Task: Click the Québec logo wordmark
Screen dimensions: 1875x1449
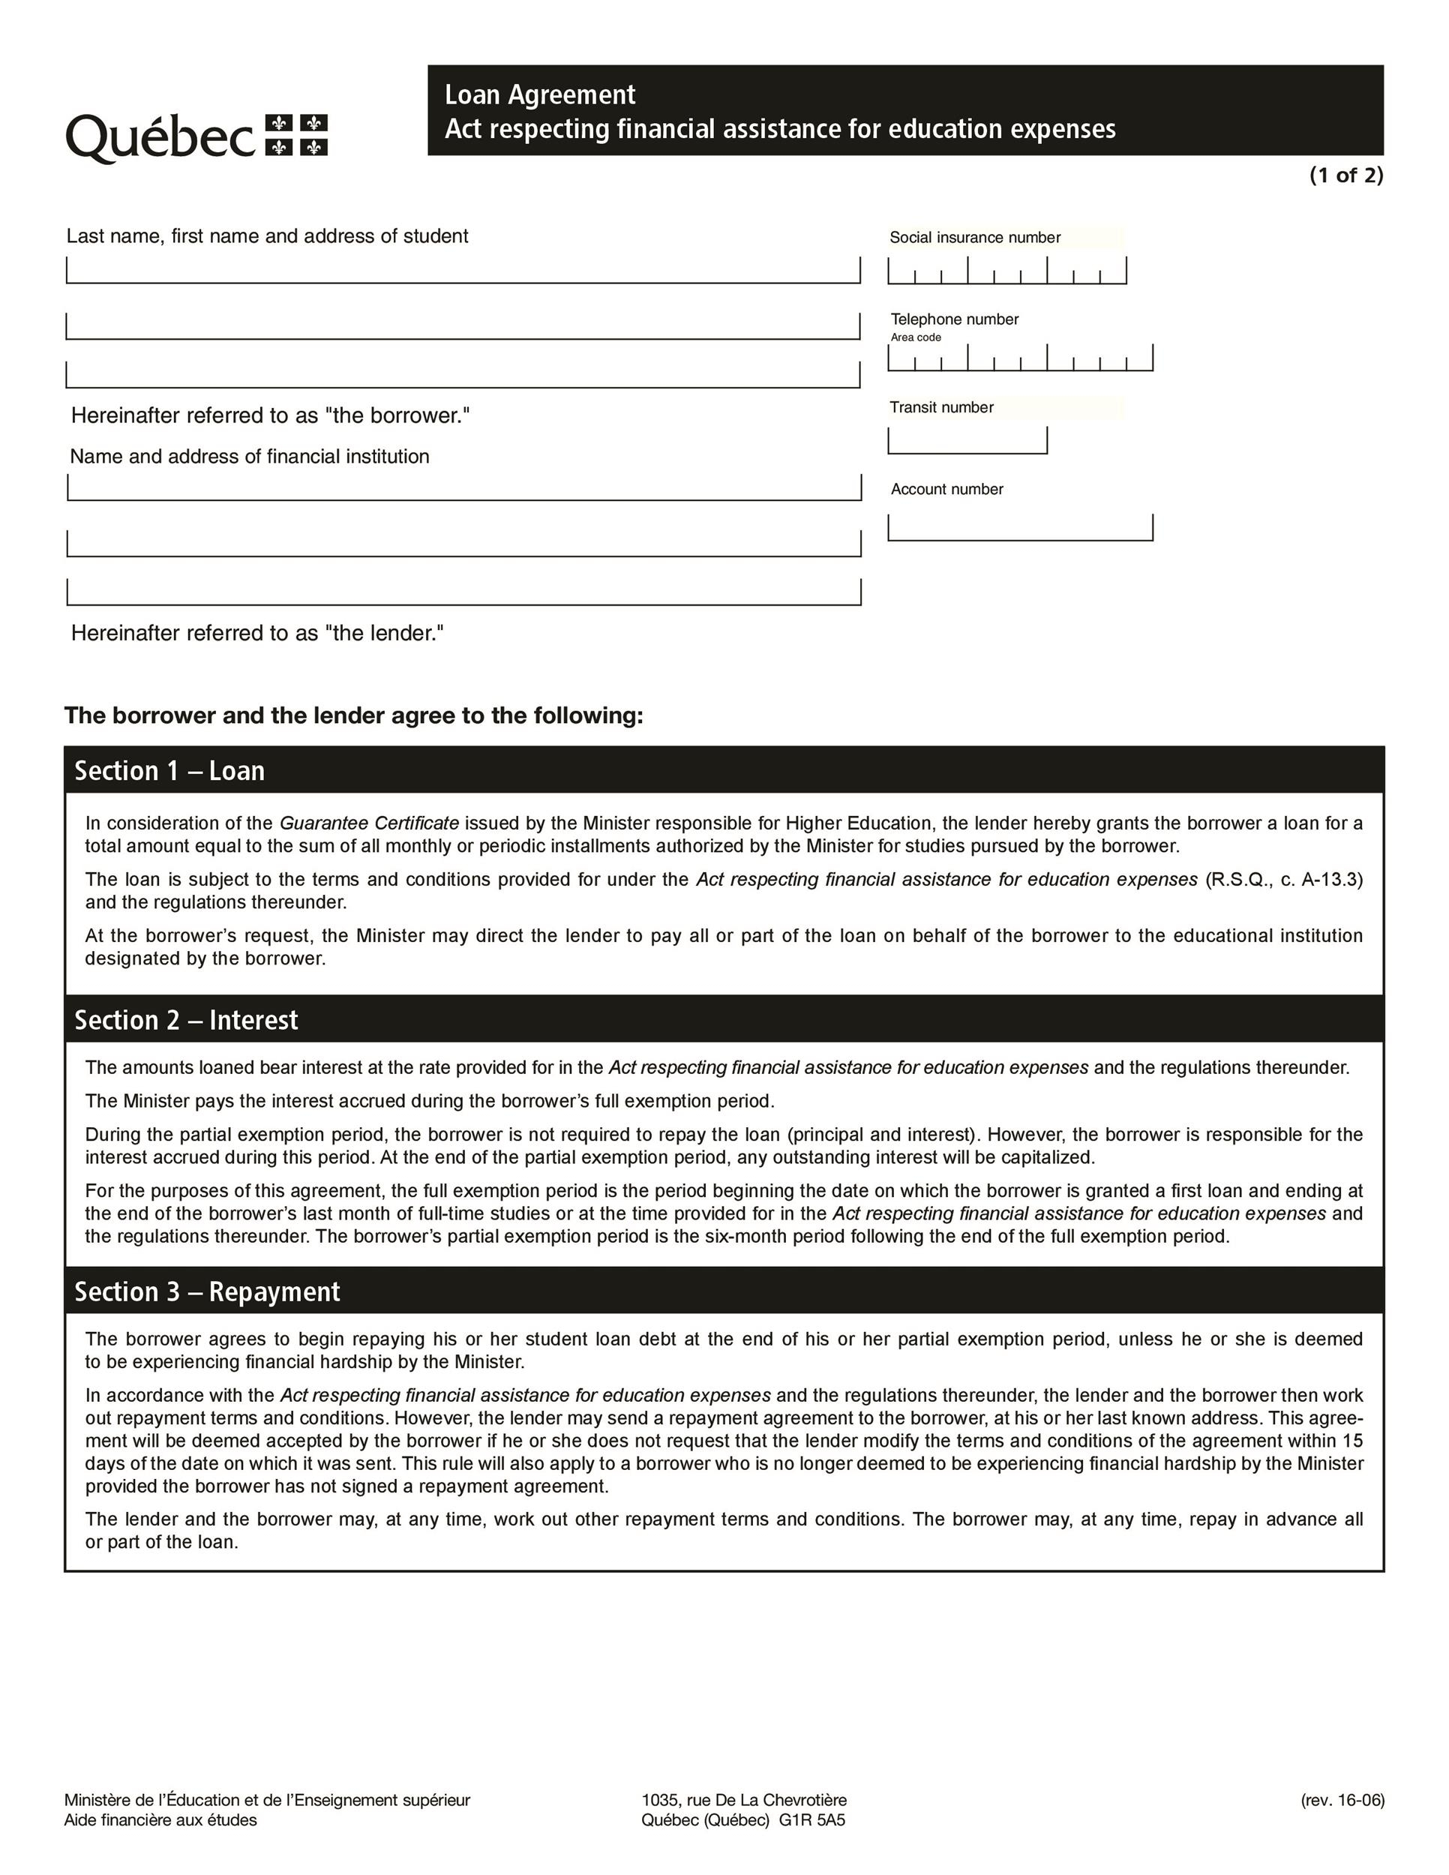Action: click(160, 137)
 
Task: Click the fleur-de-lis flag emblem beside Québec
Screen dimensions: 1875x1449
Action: click(296, 136)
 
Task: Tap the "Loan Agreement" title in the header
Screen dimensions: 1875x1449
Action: click(539, 94)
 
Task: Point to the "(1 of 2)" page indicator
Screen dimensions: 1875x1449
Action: click(1345, 175)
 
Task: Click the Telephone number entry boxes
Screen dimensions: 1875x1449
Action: click(1020, 358)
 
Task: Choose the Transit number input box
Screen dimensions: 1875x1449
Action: click(967, 440)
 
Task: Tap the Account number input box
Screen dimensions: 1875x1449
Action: click(1020, 527)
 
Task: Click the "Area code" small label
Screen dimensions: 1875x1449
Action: click(915, 337)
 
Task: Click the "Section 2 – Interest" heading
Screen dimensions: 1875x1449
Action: click(185, 1020)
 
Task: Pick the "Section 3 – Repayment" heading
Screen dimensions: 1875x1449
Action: click(207, 1292)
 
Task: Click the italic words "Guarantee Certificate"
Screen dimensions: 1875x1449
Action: click(369, 823)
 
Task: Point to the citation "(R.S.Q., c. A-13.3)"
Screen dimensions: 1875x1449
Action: click(1283, 879)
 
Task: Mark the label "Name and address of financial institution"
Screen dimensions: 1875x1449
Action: click(250, 457)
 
